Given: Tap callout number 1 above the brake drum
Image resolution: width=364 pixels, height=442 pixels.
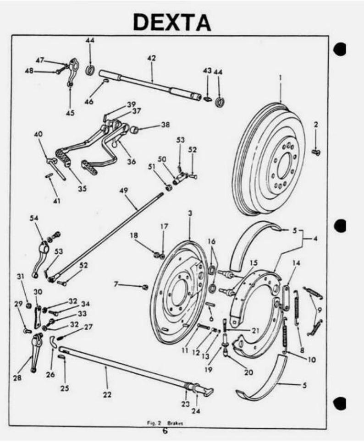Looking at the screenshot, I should point(280,78).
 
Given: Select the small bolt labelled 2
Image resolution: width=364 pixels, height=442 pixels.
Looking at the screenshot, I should point(315,152).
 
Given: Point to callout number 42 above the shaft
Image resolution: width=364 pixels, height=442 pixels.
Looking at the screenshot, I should point(151,58).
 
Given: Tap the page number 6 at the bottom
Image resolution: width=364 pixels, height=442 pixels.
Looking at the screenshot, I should point(165,431).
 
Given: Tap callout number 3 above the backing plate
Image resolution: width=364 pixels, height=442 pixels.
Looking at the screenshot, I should point(189,213).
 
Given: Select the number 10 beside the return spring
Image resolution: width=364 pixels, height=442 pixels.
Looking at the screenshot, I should point(311,360).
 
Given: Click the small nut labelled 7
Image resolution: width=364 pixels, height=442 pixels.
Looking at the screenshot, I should point(144,287).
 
